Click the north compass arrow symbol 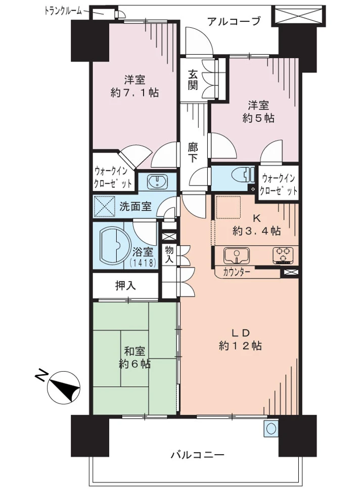pyautogui.click(x=64, y=387)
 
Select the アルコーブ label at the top pyautogui.click(x=234, y=21)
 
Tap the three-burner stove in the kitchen pyautogui.click(x=283, y=255)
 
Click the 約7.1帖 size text pyautogui.click(x=134, y=93)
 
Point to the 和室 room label pyautogui.click(x=134, y=350)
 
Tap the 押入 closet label pyautogui.click(x=126, y=286)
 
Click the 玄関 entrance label pyautogui.click(x=193, y=79)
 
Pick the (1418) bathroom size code pyautogui.click(x=142, y=262)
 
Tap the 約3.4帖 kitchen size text pyautogui.click(x=256, y=232)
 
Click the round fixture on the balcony pyautogui.click(x=271, y=429)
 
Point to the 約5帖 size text pyautogui.click(x=258, y=118)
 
